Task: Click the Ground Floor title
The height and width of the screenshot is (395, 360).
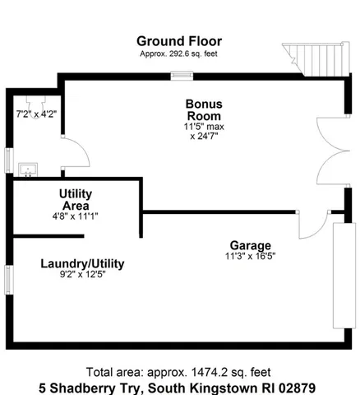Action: pos(178,41)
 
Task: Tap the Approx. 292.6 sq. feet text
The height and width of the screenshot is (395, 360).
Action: pos(178,53)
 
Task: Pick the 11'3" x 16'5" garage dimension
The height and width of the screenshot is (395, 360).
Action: pos(252,256)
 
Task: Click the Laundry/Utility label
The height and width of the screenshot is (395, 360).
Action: pos(82,263)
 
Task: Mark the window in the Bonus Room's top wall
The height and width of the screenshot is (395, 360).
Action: pos(182,77)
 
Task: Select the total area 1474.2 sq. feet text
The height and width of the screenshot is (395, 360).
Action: pos(178,372)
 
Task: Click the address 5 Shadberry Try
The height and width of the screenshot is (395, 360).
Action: pos(178,387)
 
